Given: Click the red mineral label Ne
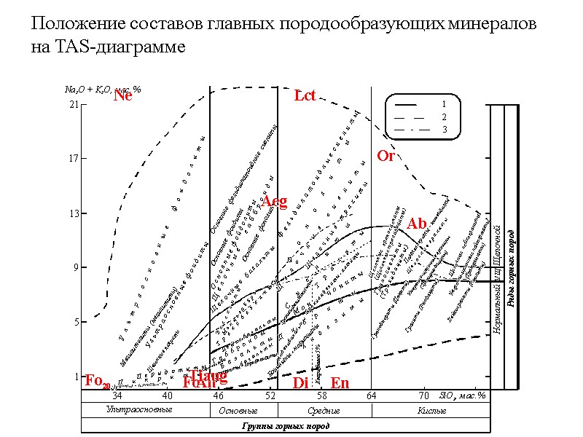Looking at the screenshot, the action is pyautogui.click(x=123, y=95).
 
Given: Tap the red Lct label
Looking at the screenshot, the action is pyautogui.click(x=305, y=95).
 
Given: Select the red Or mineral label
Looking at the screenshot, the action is pyautogui.click(x=386, y=156).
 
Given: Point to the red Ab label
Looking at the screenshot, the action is pyautogui.click(x=417, y=223).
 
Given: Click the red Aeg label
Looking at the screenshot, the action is pyautogui.click(x=275, y=201).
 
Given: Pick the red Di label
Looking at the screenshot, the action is pyautogui.click(x=300, y=383).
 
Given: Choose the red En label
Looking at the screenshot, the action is pyautogui.click(x=340, y=383).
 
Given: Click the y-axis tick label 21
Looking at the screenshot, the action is pyautogui.click(x=73, y=105).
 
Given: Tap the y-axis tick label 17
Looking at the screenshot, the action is pyautogui.click(x=73, y=160).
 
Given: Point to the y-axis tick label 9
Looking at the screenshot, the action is pyautogui.click(x=75, y=268).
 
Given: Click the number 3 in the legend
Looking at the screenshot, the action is pyautogui.click(x=445, y=129).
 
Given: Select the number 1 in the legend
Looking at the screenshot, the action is pyautogui.click(x=445, y=104).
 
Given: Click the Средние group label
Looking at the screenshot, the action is pyautogui.click(x=324, y=410).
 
